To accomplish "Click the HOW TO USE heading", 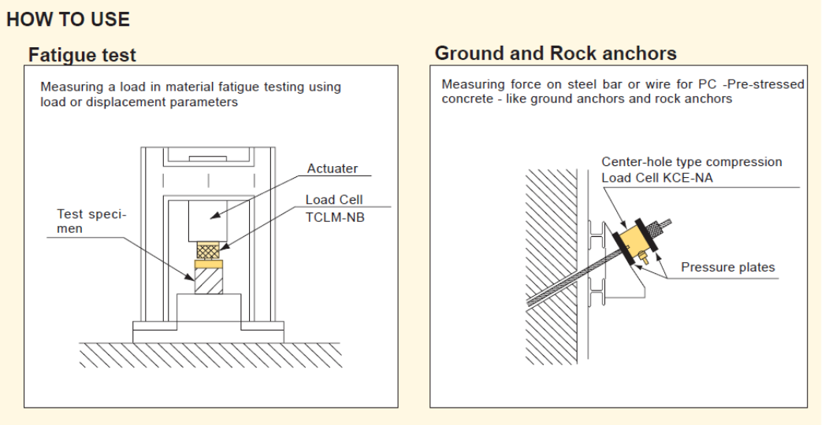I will point(68,20).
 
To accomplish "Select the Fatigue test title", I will point(82,55).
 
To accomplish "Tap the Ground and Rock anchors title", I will point(556,54).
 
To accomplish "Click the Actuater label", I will point(332,168).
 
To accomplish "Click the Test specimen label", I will point(91,221).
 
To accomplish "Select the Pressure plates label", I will point(728,268).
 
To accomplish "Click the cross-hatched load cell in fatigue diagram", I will point(210,251).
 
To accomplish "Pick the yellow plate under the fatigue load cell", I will point(210,264).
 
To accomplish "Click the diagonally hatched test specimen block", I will point(210,281).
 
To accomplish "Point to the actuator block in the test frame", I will point(209,220).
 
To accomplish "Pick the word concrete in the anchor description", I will point(467,99).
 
